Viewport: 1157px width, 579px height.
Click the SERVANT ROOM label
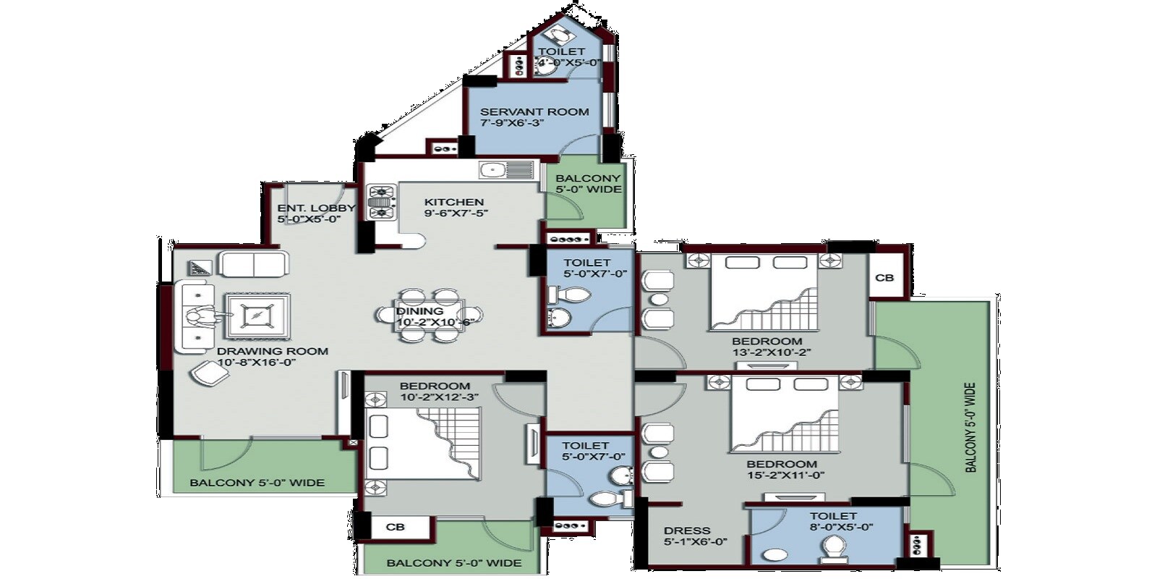coord(534,112)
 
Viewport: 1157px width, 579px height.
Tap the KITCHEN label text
coord(453,203)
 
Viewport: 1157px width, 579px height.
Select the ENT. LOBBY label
coord(316,208)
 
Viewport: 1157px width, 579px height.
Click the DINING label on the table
coord(419,311)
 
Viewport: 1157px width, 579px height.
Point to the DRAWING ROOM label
coord(273,352)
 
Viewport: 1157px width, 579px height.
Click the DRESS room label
coord(687,531)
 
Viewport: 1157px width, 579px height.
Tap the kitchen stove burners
coord(381,202)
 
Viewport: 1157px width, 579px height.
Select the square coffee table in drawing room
coord(257,316)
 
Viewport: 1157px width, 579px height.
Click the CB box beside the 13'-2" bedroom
coord(884,278)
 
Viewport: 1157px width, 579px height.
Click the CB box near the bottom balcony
coord(395,527)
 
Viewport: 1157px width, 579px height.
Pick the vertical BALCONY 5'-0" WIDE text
coord(970,427)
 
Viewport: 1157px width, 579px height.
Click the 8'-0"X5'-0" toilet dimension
coord(841,527)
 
